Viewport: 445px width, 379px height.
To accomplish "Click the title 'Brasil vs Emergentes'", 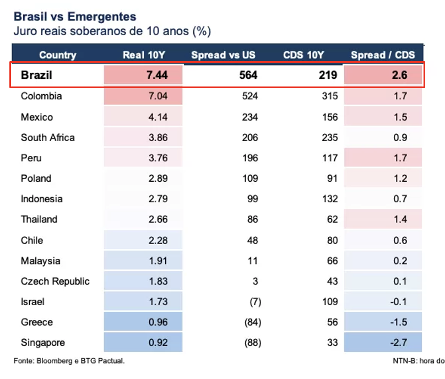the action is coord(75,17).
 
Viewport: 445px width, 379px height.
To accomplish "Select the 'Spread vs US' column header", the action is coord(223,55).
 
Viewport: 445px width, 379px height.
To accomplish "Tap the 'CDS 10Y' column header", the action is coord(303,55).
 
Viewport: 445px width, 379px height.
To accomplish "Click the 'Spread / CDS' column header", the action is coord(383,55).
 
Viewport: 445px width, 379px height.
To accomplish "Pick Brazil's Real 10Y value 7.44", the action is coord(157,75).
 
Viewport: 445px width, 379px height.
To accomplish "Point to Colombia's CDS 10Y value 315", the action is coord(330,96).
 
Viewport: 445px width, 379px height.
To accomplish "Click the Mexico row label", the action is coord(37,117).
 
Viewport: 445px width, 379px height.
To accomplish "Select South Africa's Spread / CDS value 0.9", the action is coord(400,137).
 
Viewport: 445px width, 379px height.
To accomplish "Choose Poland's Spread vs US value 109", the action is coord(250,178).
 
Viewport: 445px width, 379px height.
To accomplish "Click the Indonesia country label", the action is coord(42,199).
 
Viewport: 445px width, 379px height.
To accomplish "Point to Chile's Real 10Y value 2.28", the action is coord(158,241).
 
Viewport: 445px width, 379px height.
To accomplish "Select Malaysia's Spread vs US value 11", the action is coord(253,261).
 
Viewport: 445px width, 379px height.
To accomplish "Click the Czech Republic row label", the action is coord(55,281).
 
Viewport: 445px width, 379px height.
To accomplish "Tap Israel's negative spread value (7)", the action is coord(256,302).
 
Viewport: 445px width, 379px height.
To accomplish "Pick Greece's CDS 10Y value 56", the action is coord(332,322).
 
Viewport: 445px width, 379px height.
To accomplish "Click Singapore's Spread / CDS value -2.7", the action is coord(399,343).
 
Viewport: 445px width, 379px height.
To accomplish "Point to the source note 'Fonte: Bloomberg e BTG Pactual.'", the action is coord(69,361).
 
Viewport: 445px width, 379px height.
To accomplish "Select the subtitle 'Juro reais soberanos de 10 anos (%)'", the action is coord(112,31).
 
